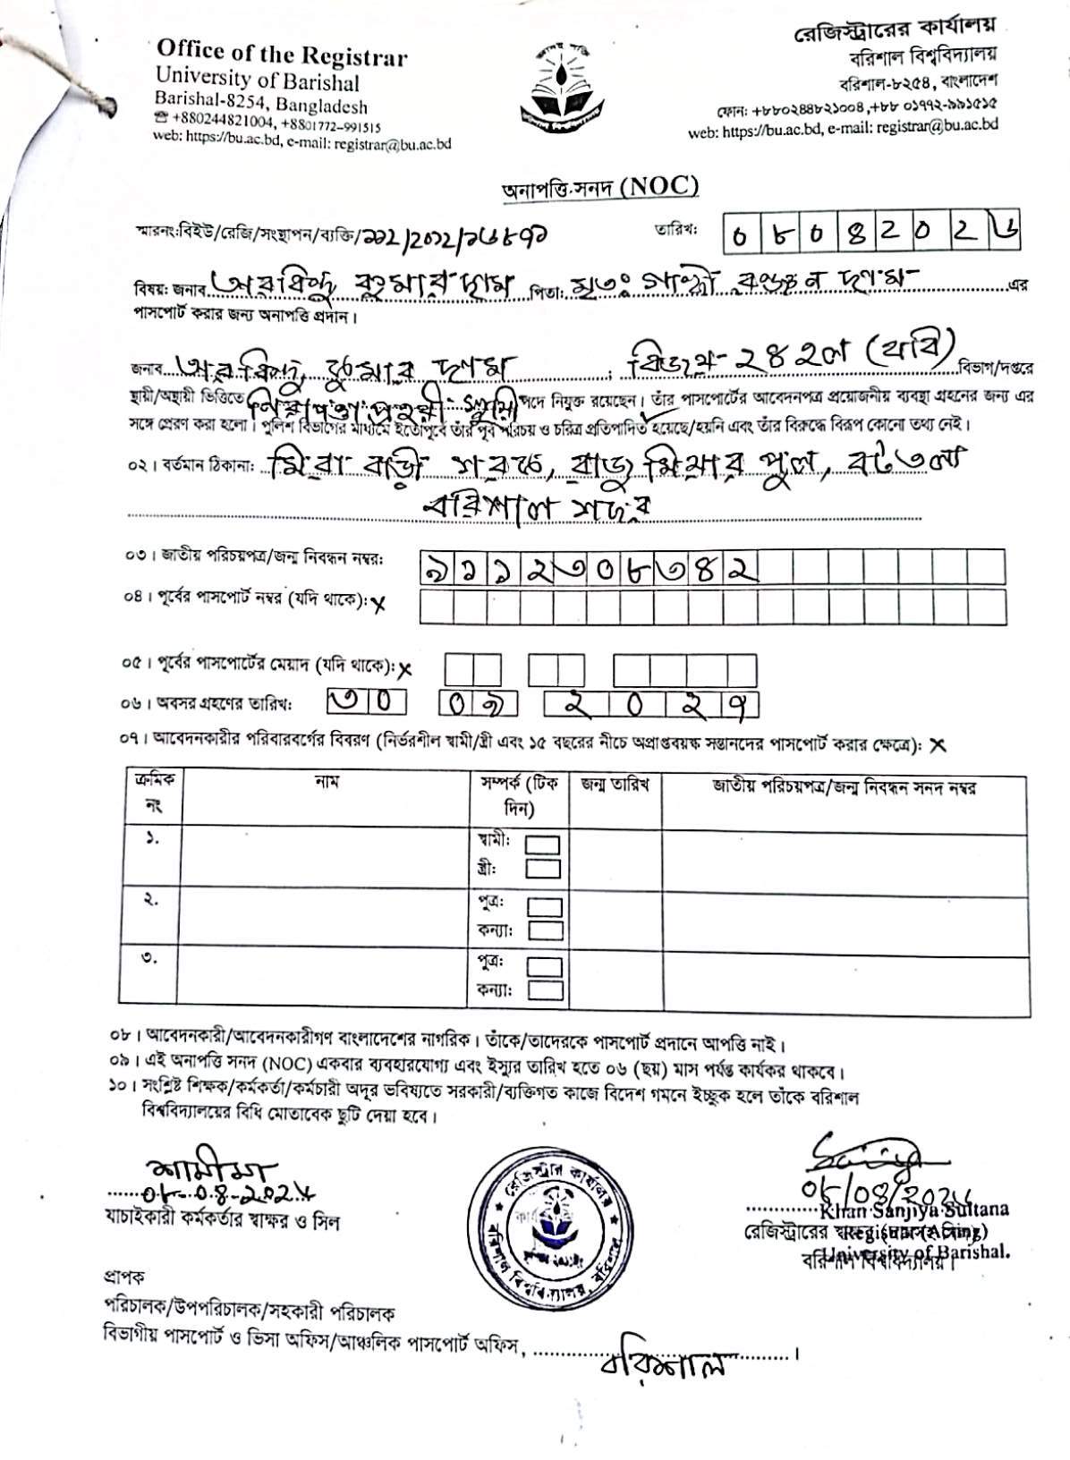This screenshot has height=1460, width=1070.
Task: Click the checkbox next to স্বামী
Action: (543, 845)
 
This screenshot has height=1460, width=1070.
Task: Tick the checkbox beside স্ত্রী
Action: (543, 868)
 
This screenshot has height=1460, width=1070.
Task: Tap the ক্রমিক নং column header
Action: (143, 792)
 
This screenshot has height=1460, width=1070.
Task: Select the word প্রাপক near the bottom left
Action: (119, 1277)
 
